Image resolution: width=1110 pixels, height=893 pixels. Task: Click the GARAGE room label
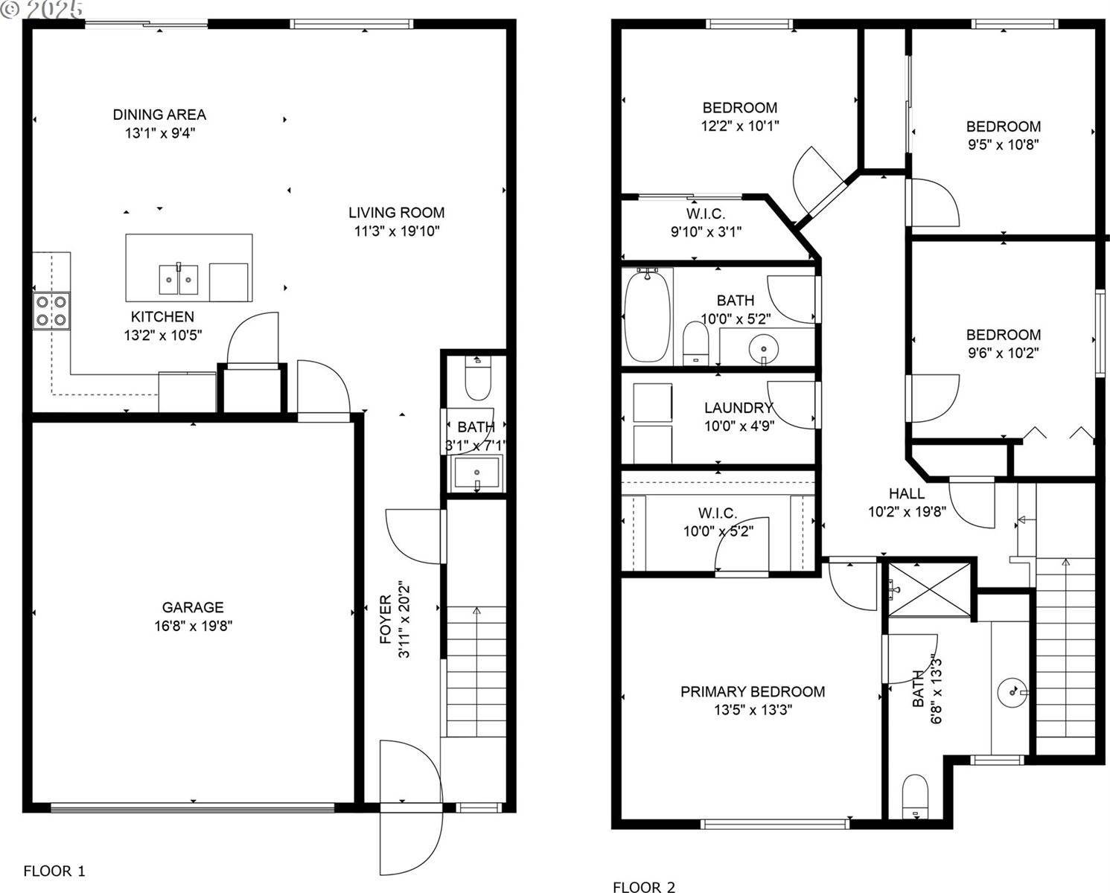(194, 607)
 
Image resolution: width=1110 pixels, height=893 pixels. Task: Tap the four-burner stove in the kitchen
(51, 311)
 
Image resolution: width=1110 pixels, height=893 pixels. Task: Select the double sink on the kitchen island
(179, 279)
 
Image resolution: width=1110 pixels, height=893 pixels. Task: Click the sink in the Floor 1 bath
(476, 473)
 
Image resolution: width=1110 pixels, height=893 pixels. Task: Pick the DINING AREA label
(159, 115)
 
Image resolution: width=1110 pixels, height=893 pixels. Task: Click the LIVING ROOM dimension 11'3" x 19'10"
(397, 231)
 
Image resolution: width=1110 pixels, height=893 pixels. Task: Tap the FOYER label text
(386, 619)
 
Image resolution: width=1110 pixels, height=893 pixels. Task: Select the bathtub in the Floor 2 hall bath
(647, 316)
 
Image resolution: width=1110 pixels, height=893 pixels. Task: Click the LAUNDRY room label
(739, 408)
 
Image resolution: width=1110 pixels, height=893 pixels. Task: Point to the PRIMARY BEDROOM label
(753, 692)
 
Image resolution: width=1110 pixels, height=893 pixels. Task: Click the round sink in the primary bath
(1012, 691)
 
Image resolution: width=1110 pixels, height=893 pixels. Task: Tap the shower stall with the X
(930, 589)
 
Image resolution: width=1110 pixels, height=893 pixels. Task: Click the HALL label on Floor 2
(907, 493)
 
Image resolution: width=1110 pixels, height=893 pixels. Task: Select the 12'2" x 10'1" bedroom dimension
(740, 127)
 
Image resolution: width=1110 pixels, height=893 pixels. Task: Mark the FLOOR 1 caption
(54, 871)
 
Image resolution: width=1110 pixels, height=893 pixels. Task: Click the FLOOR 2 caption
(644, 886)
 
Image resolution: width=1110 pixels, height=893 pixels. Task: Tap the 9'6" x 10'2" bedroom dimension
(1003, 353)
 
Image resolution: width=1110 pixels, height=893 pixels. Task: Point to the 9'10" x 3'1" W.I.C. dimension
(706, 232)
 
